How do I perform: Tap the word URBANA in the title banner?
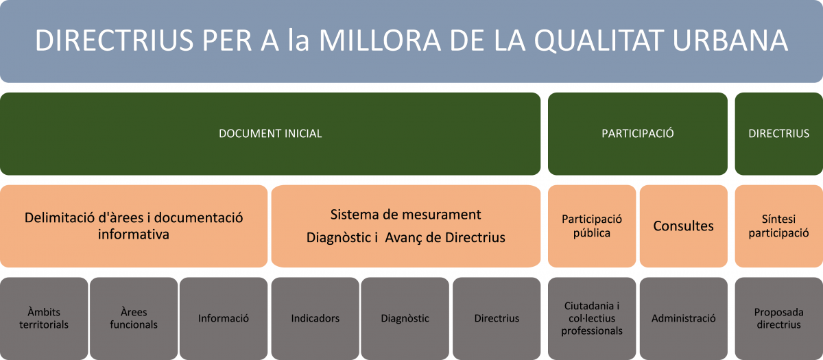click(x=730, y=40)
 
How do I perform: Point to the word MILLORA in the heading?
click(x=379, y=40)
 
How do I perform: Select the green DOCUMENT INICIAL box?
click(x=270, y=134)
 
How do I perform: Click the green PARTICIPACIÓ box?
click(x=637, y=134)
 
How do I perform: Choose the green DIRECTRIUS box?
click(x=779, y=134)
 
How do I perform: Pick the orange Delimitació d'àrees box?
click(x=134, y=226)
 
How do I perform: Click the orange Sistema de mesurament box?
click(x=405, y=226)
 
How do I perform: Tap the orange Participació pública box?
click(x=591, y=226)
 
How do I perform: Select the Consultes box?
click(x=683, y=226)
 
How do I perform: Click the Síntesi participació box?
click(x=779, y=226)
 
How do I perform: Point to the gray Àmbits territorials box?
click(x=44, y=318)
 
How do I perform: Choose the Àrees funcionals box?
click(x=134, y=318)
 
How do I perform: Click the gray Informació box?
click(x=224, y=318)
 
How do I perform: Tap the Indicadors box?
click(x=315, y=318)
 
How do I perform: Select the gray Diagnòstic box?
click(x=405, y=318)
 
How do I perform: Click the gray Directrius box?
click(x=497, y=318)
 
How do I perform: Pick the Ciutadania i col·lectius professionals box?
click(x=591, y=318)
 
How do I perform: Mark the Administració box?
click(x=683, y=318)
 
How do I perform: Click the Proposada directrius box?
click(x=779, y=318)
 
